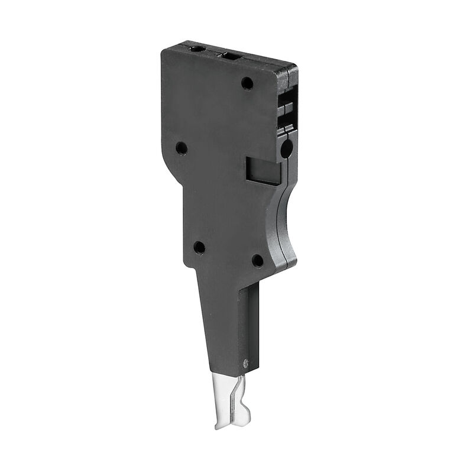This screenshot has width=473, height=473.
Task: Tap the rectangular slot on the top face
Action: tap(231, 56)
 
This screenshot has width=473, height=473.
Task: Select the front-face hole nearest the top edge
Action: tap(247, 84)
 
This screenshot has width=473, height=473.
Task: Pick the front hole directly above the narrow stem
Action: tap(199, 248)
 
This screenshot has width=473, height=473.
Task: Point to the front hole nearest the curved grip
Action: tap(258, 260)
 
